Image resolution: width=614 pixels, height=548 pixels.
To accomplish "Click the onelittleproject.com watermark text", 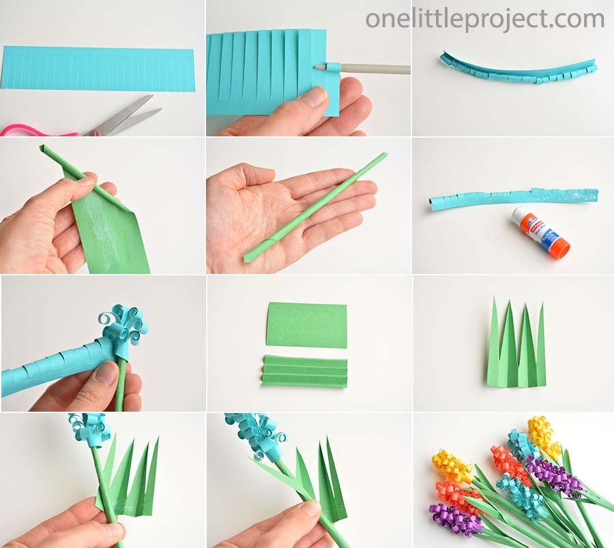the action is [x=485, y=19].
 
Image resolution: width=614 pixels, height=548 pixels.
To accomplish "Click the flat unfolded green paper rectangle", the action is [x=306, y=325].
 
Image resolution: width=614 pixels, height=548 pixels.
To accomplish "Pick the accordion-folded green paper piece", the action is [x=305, y=371].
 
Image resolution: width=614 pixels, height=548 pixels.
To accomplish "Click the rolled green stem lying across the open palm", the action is [x=315, y=207].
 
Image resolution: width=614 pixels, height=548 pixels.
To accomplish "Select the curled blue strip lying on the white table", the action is [x=518, y=70].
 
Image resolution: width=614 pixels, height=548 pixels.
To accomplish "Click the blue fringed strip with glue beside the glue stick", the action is [x=513, y=198].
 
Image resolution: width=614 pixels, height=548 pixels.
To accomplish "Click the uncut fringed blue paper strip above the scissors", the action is [x=98, y=69].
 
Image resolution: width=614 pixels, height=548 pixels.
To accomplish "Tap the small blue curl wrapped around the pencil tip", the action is [x=333, y=67].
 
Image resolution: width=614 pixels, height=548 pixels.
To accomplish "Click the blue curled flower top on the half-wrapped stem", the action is [x=123, y=323].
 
